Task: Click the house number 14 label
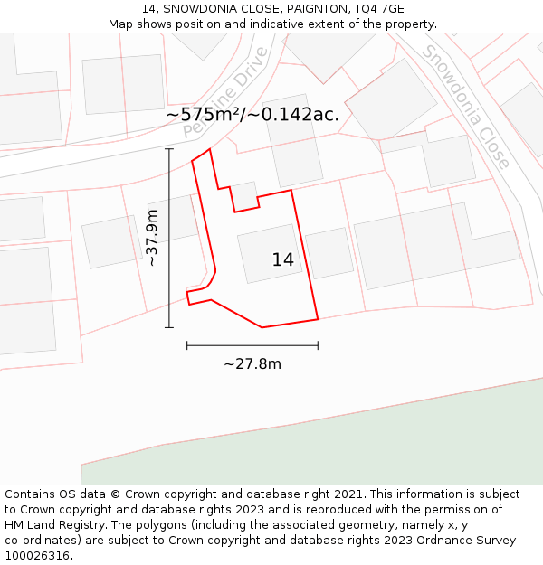tap(283, 260)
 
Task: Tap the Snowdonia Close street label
tap(467, 107)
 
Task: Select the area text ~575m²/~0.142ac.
tap(252, 115)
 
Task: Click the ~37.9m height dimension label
tap(152, 238)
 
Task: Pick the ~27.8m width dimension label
tap(252, 364)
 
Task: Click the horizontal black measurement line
tap(252, 344)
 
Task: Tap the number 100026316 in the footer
tap(36, 556)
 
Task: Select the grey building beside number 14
tap(329, 253)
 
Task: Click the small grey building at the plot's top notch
tap(244, 193)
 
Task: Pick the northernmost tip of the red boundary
tap(210, 149)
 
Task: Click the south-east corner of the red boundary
tap(318, 319)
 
